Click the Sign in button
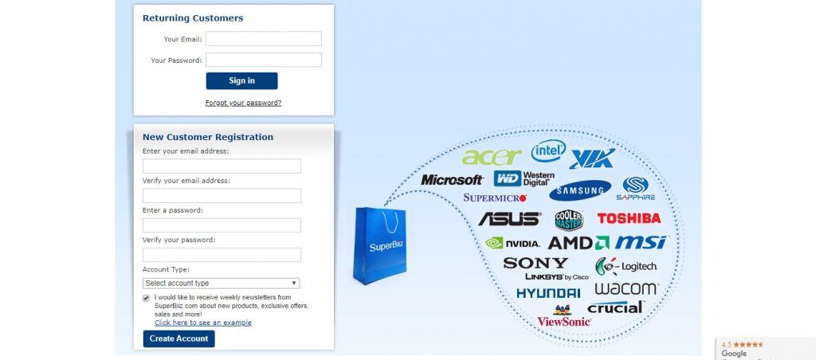coord(241,80)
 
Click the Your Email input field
coord(264,39)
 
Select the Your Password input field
coord(264,60)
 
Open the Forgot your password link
coord(243,103)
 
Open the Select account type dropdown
coord(222,283)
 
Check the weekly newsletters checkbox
coord(147,298)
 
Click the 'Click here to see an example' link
coord(203,323)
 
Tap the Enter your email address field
coord(222,166)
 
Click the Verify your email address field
coord(222,195)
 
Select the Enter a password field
coord(222,225)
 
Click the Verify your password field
coord(222,255)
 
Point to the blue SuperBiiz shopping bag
coord(380,245)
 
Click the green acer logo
coord(491,157)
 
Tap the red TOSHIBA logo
coord(629,218)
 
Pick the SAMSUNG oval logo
coord(579,190)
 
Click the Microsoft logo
coord(452,180)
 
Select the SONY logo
coord(535,263)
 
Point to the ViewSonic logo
coord(563,320)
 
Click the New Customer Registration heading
coord(208,137)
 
